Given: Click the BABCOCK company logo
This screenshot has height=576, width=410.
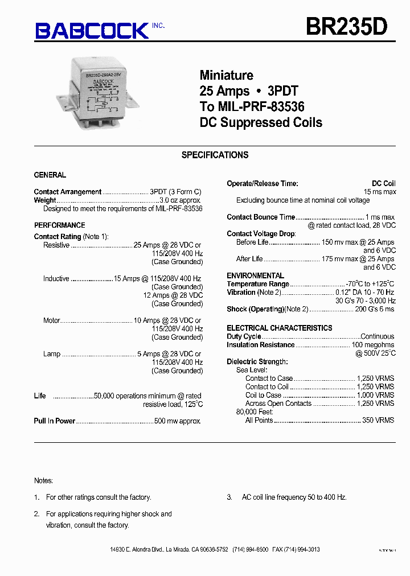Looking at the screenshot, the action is [x=92, y=30].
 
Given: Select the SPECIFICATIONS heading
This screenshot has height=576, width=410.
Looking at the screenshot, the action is [x=215, y=155].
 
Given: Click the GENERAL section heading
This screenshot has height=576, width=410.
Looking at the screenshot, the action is [x=50, y=175].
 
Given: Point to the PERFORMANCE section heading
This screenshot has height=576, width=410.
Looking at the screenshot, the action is [x=59, y=225].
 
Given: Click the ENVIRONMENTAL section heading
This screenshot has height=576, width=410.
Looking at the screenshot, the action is [x=255, y=275].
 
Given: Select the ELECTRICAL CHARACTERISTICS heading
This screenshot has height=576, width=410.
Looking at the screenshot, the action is [x=279, y=328].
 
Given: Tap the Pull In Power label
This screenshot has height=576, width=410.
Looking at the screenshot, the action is [x=55, y=421].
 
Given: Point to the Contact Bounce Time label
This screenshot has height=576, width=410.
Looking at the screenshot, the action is [x=261, y=217].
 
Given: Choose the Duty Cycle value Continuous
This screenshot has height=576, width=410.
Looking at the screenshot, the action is [x=378, y=336].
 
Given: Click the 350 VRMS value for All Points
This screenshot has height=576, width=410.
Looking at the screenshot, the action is [x=378, y=420].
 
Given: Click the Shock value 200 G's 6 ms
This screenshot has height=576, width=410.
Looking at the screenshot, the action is [x=375, y=309].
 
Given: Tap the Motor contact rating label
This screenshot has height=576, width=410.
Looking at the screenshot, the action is [x=52, y=320].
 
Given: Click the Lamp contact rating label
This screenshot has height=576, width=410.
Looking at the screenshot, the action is [x=52, y=354].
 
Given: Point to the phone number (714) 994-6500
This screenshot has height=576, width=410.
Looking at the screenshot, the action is [x=251, y=549].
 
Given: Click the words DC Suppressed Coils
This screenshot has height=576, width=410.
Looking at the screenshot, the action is [x=261, y=122].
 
